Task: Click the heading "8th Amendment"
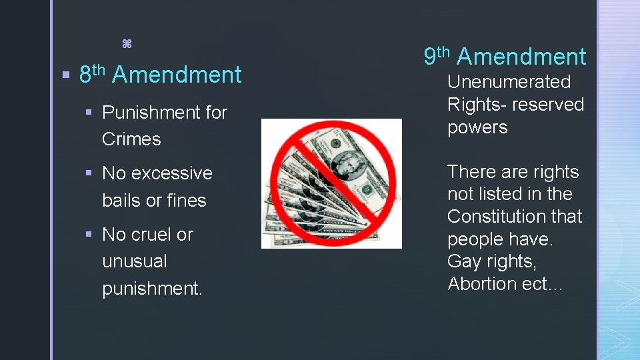(x=160, y=75)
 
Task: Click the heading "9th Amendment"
(x=505, y=57)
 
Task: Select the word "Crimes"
(x=131, y=139)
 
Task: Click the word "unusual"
(x=135, y=261)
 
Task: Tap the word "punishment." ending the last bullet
(x=152, y=289)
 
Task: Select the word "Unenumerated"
(x=509, y=82)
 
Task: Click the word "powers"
(x=477, y=127)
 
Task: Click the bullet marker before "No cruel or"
(x=89, y=234)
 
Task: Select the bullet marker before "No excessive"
(x=89, y=173)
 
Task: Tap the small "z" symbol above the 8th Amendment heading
(x=127, y=45)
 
